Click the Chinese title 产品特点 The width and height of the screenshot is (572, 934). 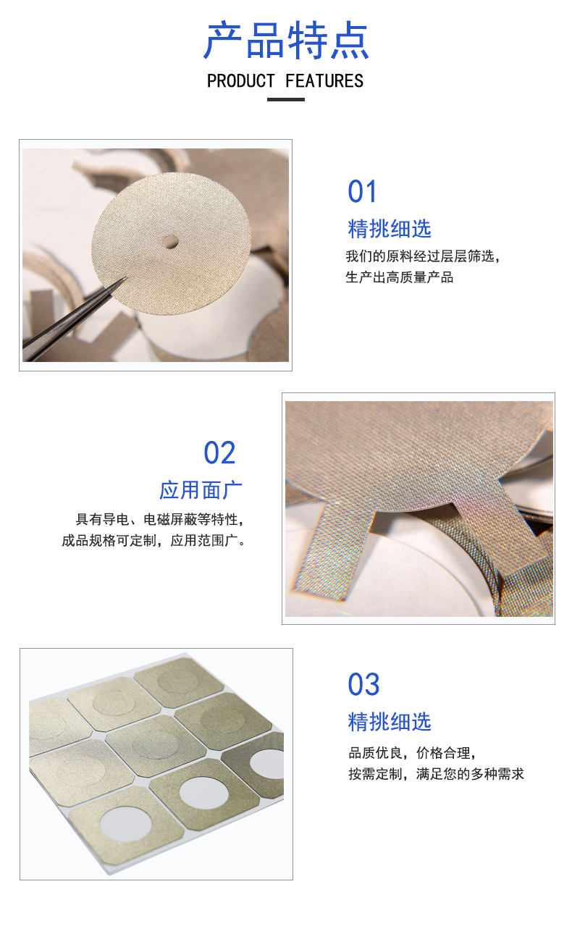pos(286,41)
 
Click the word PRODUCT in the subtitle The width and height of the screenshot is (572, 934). pos(241,81)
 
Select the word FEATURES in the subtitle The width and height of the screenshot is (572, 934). pos(324,81)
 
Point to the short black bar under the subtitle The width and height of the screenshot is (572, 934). pos(286,100)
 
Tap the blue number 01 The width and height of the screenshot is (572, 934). pos(362,192)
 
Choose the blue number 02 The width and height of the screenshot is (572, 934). pos(219,453)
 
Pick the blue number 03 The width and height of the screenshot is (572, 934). pos(363,684)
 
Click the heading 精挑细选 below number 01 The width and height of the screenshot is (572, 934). pos(390,229)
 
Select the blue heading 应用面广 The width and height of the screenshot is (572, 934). pos(201,490)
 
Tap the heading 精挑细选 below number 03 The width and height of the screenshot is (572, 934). pos(390,722)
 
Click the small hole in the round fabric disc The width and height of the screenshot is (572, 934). pos(170,241)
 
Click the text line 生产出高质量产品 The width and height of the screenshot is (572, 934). pos(400,277)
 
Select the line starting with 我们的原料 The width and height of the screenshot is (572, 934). pos(422,256)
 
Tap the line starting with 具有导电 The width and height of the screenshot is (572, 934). pos(160,520)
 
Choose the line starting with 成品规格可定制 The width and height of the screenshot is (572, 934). pos(153,541)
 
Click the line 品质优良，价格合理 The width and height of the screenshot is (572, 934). pos(412,753)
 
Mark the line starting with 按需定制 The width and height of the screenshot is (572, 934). pos(436,774)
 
